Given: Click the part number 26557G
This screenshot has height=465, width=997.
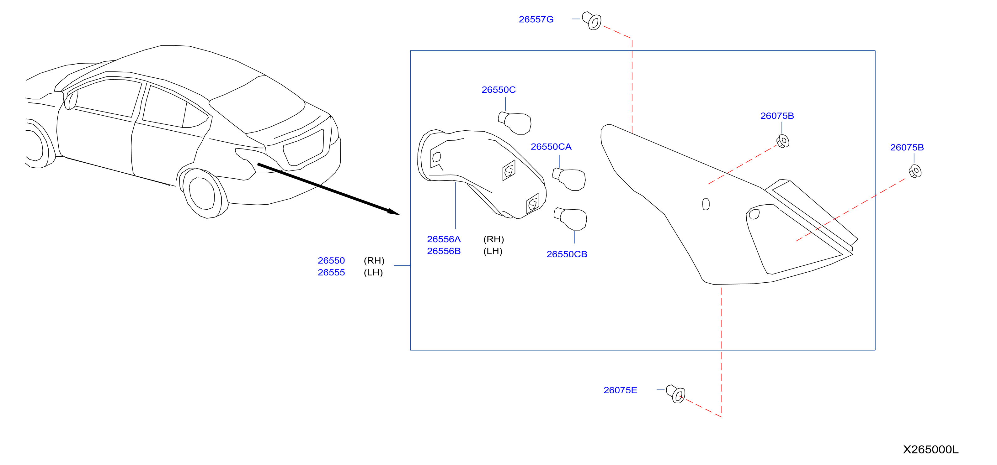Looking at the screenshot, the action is point(536,19).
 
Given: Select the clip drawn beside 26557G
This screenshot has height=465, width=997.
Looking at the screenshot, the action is point(592,20).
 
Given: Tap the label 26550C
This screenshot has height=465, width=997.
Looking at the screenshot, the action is point(499,90).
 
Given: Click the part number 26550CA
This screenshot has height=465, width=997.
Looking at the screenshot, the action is point(551,147).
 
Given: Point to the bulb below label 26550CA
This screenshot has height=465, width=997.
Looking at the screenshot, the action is point(569,179).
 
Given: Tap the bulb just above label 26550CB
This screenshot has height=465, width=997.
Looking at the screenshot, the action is point(570,219).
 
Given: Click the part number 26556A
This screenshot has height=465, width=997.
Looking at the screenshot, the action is point(444,239).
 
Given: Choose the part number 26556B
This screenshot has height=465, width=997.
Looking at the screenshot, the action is point(444,251).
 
